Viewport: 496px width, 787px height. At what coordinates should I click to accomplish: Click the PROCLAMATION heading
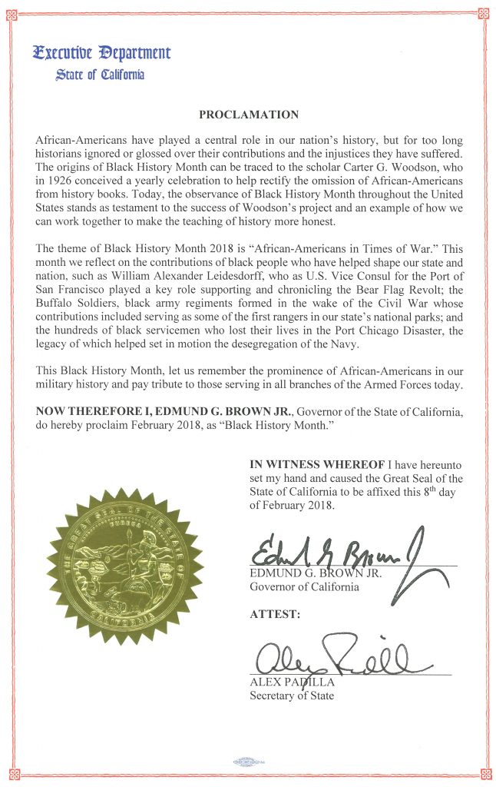[x=248, y=115]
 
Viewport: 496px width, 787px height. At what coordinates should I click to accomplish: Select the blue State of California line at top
[x=99, y=75]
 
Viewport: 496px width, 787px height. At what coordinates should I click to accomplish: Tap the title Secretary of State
[x=292, y=696]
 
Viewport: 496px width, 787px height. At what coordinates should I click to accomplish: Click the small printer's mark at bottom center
[x=248, y=763]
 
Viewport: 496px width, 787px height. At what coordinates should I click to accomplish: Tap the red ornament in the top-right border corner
[x=482, y=13]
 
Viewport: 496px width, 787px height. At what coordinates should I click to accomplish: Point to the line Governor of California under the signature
[x=303, y=588]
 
